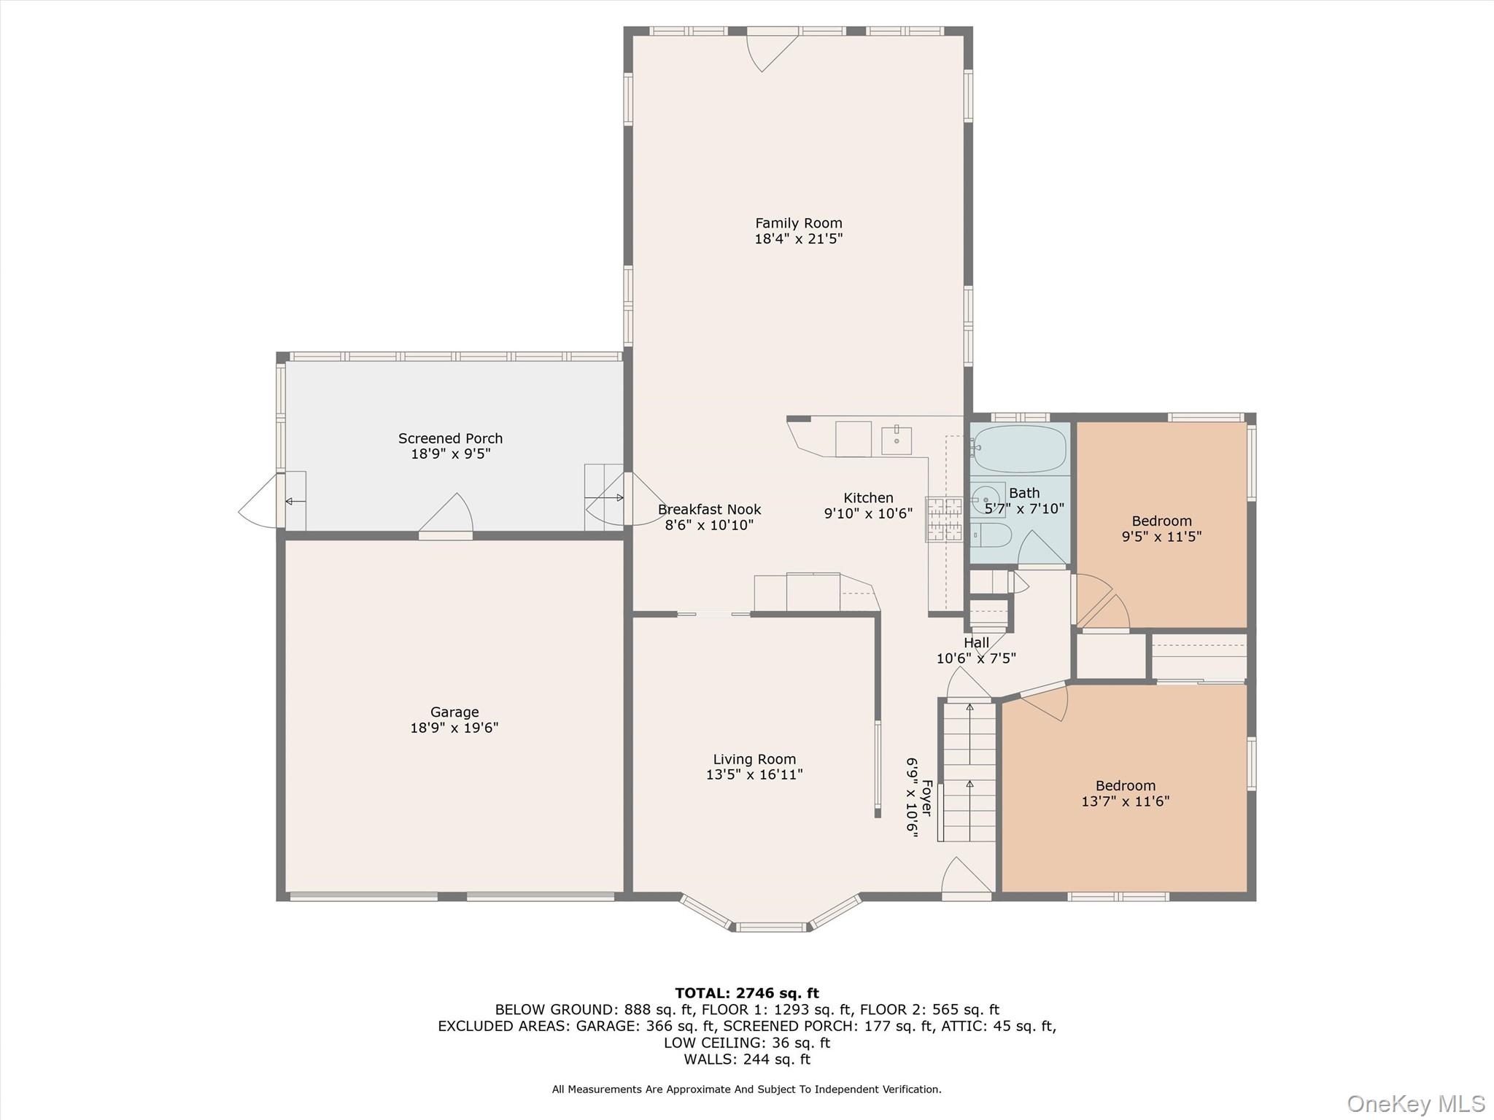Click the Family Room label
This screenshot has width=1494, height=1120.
(798, 223)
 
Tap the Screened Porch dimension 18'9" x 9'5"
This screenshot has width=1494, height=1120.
(450, 454)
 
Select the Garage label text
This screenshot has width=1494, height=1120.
(454, 712)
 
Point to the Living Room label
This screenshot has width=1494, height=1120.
(754, 759)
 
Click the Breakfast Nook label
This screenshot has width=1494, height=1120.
(709, 510)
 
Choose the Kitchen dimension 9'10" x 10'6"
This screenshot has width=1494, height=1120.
(868, 513)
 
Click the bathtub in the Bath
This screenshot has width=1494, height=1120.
(1019, 448)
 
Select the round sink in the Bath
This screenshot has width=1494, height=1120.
(986, 499)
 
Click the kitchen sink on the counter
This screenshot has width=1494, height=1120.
(897, 440)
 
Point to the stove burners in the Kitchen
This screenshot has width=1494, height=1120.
(943, 520)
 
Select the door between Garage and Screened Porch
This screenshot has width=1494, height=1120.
(446, 519)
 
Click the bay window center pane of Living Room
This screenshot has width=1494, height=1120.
(771, 927)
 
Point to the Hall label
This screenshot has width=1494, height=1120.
(976, 642)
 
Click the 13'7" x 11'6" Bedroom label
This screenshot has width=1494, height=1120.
(1125, 786)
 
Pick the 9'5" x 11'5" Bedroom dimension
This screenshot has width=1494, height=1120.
(1161, 537)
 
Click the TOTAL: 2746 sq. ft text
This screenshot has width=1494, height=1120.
(746, 993)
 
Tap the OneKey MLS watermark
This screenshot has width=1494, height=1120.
(1415, 1103)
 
